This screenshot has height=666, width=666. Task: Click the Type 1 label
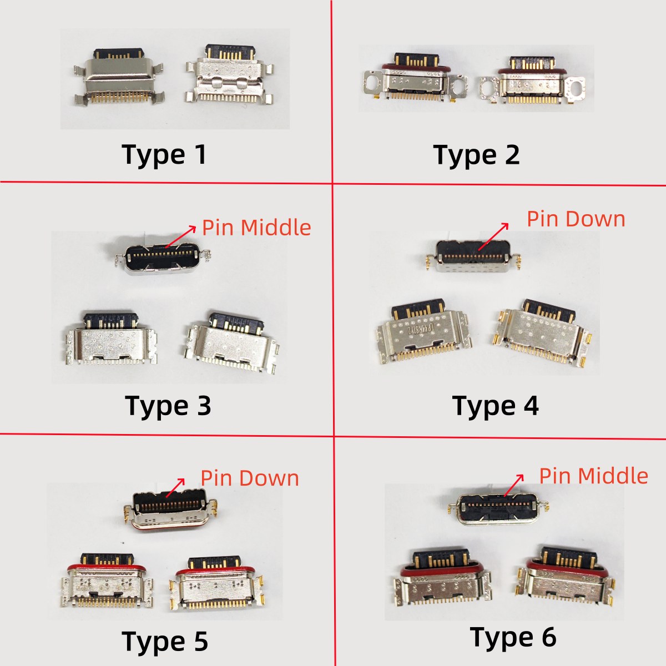pyautogui.click(x=164, y=155)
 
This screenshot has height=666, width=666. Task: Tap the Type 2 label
pyautogui.click(x=476, y=155)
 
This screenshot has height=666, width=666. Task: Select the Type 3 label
pyautogui.click(x=168, y=406)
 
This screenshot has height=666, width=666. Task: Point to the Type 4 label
pyautogui.click(x=495, y=406)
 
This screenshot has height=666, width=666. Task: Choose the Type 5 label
pyautogui.click(x=165, y=642)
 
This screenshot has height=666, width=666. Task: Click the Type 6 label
pyautogui.click(x=513, y=637)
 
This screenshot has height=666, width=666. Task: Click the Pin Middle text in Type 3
pyautogui.click(x=256, y=228)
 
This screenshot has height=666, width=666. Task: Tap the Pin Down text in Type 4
pyautogui.click(x=576, y=219)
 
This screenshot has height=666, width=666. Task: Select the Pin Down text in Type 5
pyautogui.click(x=250, y=478)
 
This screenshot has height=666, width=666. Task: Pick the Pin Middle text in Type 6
pyautogui.click(x=594, y=476)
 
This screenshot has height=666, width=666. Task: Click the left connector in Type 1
pyautogui.click(x=118, y=77)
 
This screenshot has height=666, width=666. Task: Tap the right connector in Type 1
pyautogui.click(x=229, y=74)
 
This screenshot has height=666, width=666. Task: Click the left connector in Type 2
pyautogui.click(x=415, y=77)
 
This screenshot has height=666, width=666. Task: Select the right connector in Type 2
pyautogui.click(x=533, y=80)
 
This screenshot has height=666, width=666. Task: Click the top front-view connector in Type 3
pyautogui.click(x=163, y=258)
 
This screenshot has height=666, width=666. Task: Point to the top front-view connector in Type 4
pyautogui.click(x=473, y=256)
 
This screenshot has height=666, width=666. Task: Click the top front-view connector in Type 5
pyautogui.click(x=171, y=510)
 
